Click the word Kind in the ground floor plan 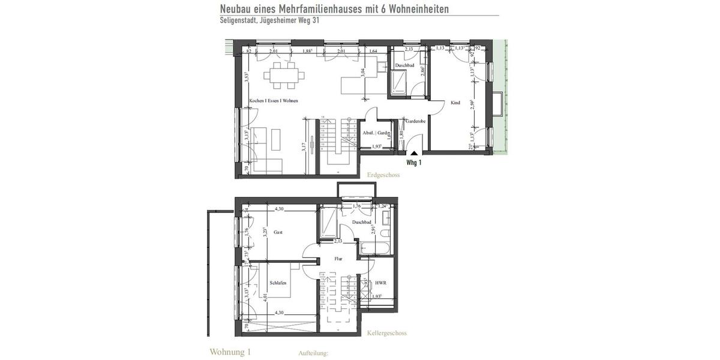(x=455, y=103)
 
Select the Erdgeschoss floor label (x=382, y=175)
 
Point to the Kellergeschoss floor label (x=386, y=333)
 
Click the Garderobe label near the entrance (x=415, y=121)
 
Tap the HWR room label (x=380, y=283)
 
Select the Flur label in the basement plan (x=338, y=259)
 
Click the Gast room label (x=278, y=232)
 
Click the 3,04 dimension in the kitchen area (x=362, y=74)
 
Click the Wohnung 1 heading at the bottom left (x=230, y=352)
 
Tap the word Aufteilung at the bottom (x=313, y=353)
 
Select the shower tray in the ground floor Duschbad (x=398, y=82)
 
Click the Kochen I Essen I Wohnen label (x=274, y=101)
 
